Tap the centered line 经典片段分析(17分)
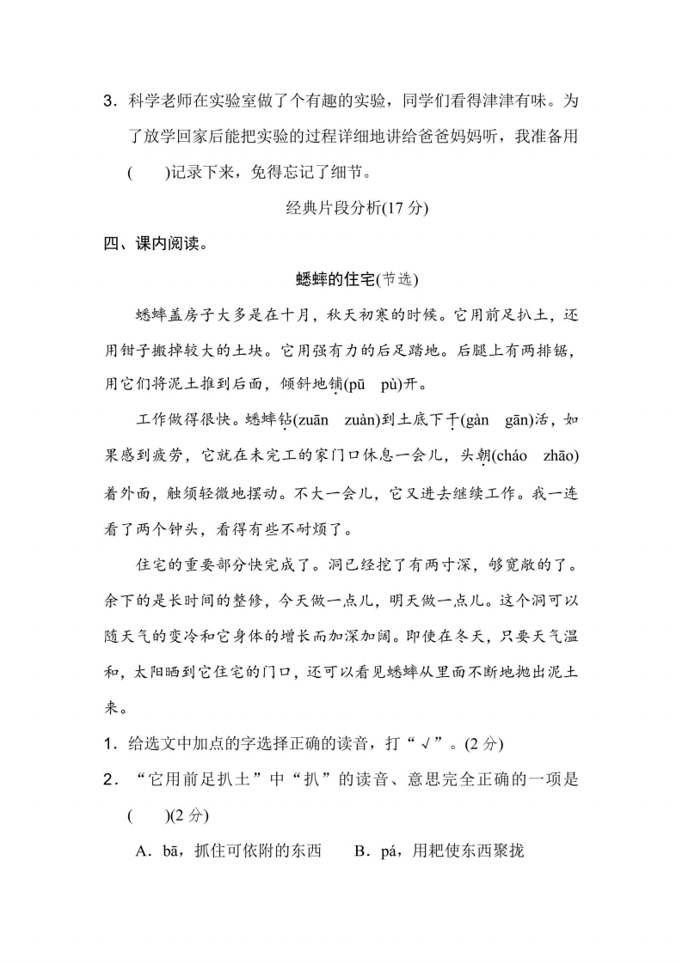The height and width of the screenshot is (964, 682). [x=342, y=208]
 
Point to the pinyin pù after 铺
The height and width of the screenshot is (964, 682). [x=404, y=383]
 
